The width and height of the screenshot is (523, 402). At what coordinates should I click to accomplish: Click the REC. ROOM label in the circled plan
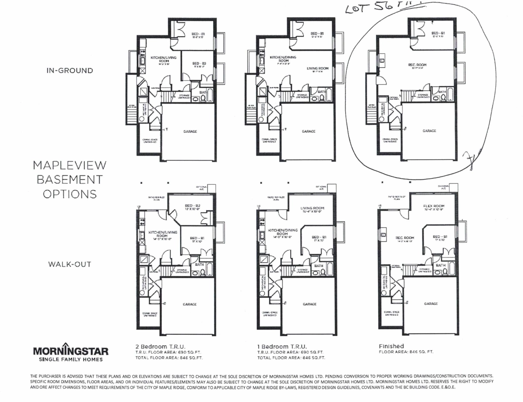click(417, 65)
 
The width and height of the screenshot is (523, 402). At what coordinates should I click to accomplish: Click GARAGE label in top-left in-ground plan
click(190, 131)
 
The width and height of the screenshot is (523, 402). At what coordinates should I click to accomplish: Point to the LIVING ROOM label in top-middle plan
click(317, 68)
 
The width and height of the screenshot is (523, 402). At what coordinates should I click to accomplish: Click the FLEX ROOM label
click(434, 206)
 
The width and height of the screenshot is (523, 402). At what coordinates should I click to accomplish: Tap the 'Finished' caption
click(391, 346)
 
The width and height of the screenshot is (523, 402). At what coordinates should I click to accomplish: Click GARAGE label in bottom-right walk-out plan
click(431, 303)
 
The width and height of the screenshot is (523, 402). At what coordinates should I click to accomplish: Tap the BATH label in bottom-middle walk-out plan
click(319, 265)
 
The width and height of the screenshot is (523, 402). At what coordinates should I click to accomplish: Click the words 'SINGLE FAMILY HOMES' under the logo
click(71, 359)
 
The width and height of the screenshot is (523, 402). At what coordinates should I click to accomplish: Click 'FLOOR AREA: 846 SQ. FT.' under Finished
click(406, 351)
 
